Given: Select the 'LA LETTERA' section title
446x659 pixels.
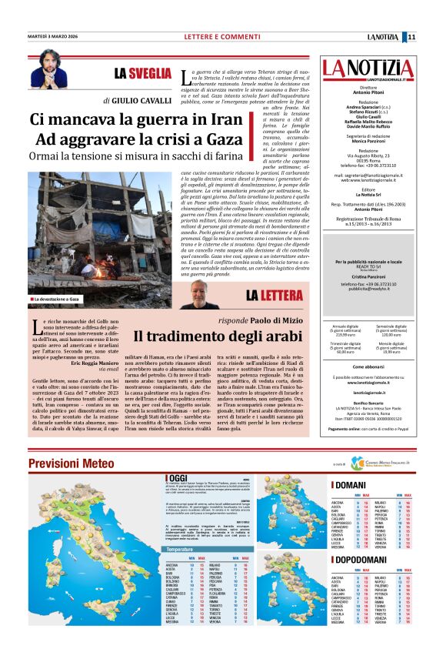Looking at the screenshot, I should [x=273, y=295].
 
